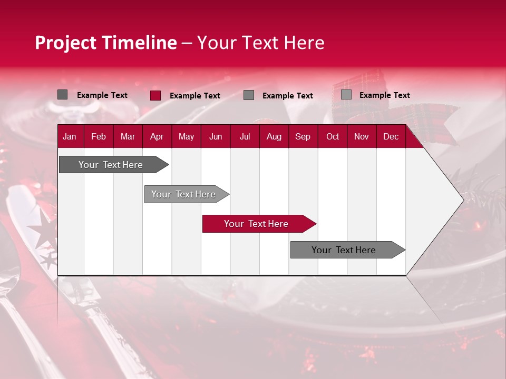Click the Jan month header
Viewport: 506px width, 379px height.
[x=70, y=137]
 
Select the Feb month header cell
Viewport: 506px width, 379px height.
[x=99, y=137]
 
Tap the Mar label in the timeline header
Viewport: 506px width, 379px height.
[x=128, y=137]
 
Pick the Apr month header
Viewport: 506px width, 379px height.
[x=157, y=137]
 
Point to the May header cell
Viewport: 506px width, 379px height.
[x=186, y=137]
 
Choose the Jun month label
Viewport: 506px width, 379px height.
[x=216, y=137]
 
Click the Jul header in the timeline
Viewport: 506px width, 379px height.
[x=245, y=137]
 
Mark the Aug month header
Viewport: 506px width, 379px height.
[x=274, y=137]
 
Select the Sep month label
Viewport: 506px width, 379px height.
[x=303, y=137]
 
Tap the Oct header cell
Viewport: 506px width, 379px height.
[x=333, y=137]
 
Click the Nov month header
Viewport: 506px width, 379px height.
[x=362, y=137]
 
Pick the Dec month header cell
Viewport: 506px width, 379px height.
[x=391, y=137]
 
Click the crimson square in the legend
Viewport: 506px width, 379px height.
[x=155, y=95]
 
